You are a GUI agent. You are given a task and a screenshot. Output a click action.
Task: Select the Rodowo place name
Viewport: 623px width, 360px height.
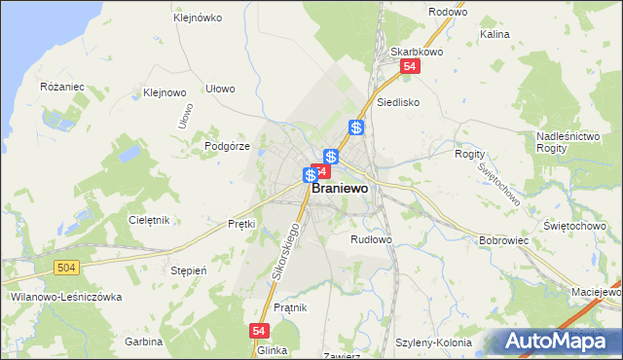(x=448, y=13)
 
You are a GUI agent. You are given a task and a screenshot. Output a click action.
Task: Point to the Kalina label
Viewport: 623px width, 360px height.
(x=495, y=33)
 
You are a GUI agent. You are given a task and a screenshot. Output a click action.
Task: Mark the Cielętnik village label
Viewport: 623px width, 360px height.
(x=149, y=220)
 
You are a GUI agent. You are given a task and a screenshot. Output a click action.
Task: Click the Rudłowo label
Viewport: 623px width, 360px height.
(x=371, y=238)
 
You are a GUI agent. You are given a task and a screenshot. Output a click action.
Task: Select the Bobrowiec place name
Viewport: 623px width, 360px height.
(x=503, y=239)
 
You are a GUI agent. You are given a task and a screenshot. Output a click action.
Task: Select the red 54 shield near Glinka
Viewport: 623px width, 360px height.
(x=259, y=331)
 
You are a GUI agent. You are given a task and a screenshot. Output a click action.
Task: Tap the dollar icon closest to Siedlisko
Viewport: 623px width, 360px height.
(x=357, y=127)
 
